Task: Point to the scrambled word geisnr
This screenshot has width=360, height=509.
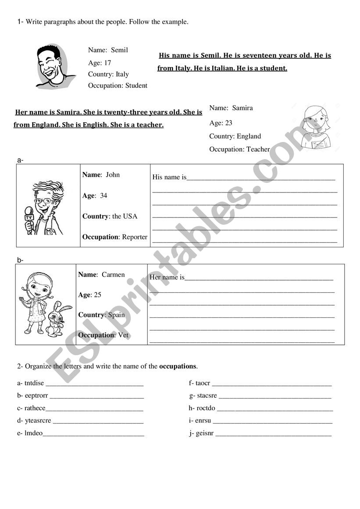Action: (204, 434)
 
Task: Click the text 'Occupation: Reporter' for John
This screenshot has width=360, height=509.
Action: (115, 237)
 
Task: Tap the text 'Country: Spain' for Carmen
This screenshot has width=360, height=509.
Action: (101, 315)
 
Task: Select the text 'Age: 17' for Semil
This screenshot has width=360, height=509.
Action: (100, 63)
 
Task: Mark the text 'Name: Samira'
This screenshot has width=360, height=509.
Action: (231, 108)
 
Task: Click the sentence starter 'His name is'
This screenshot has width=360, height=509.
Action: (169, 177)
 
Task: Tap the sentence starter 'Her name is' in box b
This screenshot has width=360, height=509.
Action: (167, 277)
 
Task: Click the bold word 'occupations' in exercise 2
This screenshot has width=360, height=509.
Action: (178, 366)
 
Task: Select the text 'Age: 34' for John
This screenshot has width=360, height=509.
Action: (95, 196)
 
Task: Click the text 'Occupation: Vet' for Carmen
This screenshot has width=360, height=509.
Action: (103, 335)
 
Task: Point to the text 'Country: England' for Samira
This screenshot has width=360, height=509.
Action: (235, 136)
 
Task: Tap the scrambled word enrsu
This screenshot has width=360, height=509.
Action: (203, 420)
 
